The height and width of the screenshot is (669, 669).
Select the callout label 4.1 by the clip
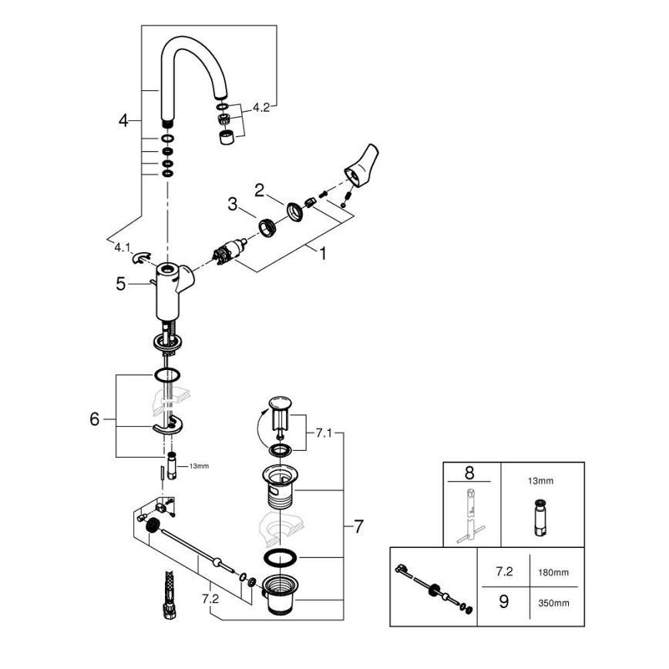tap(123, 248)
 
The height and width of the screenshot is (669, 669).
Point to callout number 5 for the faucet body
tap(121, 284)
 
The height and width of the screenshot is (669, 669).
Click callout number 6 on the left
tap(95, 419)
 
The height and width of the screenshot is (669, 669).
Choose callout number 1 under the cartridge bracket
tap(322, 253)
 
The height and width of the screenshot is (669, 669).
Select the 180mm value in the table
tap(554, 574)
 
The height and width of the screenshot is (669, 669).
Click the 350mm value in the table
tap(554, 602)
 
